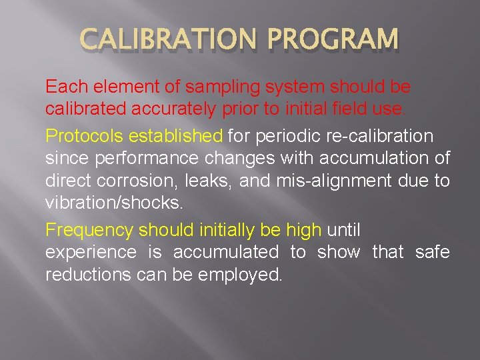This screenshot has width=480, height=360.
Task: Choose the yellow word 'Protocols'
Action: coord(84,137)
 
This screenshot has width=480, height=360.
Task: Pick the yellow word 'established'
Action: coord(176,137)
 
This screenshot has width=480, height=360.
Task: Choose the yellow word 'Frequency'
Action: coord(89,231)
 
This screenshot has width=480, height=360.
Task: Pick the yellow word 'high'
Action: coord(304,231)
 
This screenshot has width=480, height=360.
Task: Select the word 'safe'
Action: coord(432,253)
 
